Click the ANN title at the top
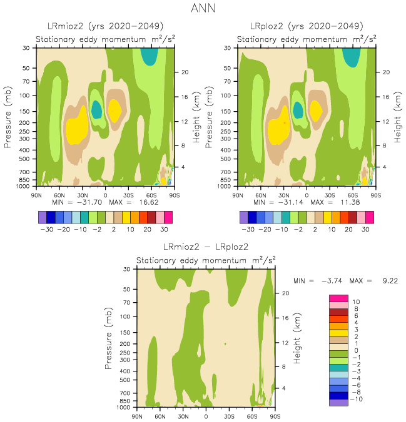pyautogui.click(x=203, y=9)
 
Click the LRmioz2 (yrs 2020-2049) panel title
pyautogui.click(x=106, y=26)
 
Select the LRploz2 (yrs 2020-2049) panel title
pyautogui.click(x=306, y=26)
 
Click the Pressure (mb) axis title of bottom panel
pyautogui.click(x=110, y=338)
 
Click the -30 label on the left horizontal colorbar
pyautogui.click(x=46, y=228)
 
